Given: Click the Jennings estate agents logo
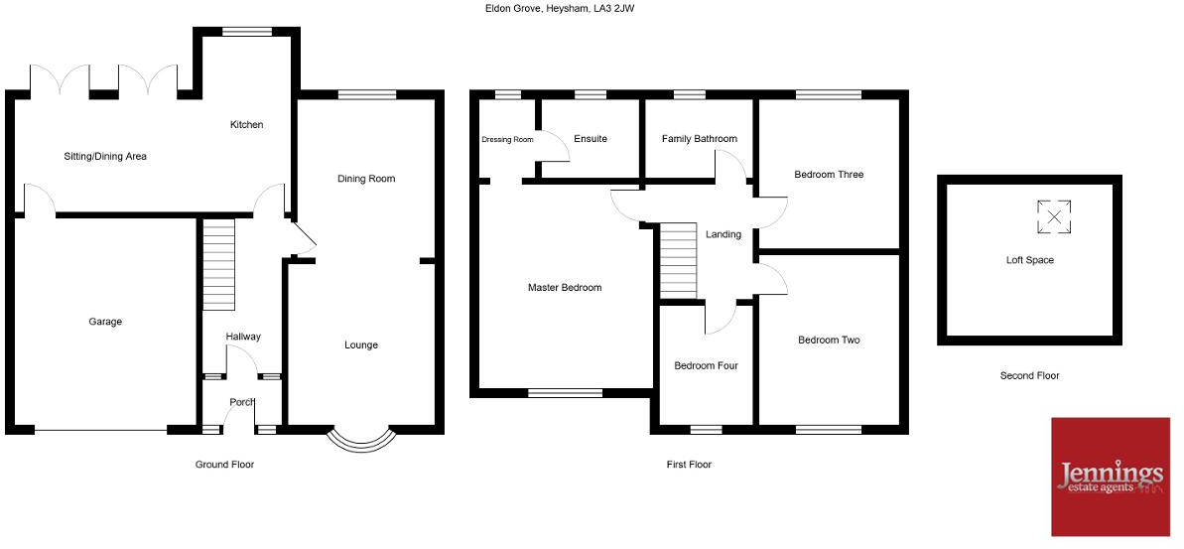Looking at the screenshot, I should point(1112,476).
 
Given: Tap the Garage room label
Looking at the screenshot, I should point(105,322).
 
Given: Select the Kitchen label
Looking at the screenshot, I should point(246,125).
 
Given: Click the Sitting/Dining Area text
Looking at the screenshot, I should point(105,156).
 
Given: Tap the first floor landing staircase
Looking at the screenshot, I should point(679,262).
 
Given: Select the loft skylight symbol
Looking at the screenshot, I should point(1054,217).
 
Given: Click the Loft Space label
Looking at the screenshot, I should point(1029,260).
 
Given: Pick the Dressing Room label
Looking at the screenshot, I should point(507,140).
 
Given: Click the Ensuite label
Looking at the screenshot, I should point(591,139).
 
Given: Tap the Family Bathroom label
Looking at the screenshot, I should point(700,139).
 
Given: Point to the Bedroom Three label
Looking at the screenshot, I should point(829,175).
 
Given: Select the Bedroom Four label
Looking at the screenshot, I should point(706,365).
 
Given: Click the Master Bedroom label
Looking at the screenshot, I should point(565,288).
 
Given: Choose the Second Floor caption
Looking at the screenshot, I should point(1029,376).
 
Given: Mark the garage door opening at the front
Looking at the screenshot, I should point(100,430).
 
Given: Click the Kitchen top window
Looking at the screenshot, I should point(247,32).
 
